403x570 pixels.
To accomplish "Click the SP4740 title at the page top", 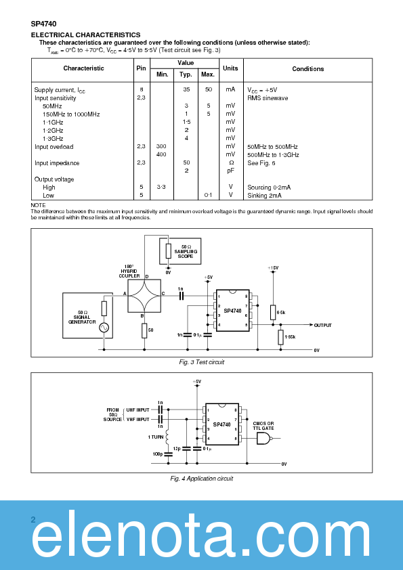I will click(43, 23).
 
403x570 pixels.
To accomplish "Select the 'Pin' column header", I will click(141, 68).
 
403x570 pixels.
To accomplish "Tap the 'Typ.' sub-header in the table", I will click(185, 74).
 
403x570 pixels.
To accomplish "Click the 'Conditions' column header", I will click(307, 69).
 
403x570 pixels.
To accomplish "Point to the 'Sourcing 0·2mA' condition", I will click(269, 187).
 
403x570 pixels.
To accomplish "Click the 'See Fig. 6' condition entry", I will click(261, 163).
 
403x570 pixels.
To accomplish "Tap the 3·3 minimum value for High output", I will click(161, 187).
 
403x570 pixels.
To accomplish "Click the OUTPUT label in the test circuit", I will click(322, 325).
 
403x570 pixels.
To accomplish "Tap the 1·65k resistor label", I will click(290, 336).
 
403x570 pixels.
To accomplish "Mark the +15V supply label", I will click(272, 268).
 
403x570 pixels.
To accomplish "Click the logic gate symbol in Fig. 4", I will click(263, 439).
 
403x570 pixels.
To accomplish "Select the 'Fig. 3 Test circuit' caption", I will click(201, 362).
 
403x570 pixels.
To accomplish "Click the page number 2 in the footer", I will click(33, 520).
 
